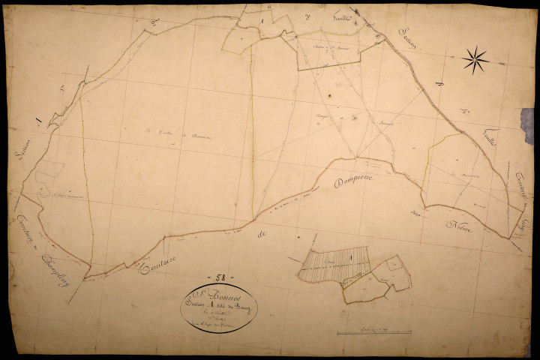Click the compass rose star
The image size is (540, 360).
[x=475, y=59]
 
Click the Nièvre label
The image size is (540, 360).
[x=460, y=227]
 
